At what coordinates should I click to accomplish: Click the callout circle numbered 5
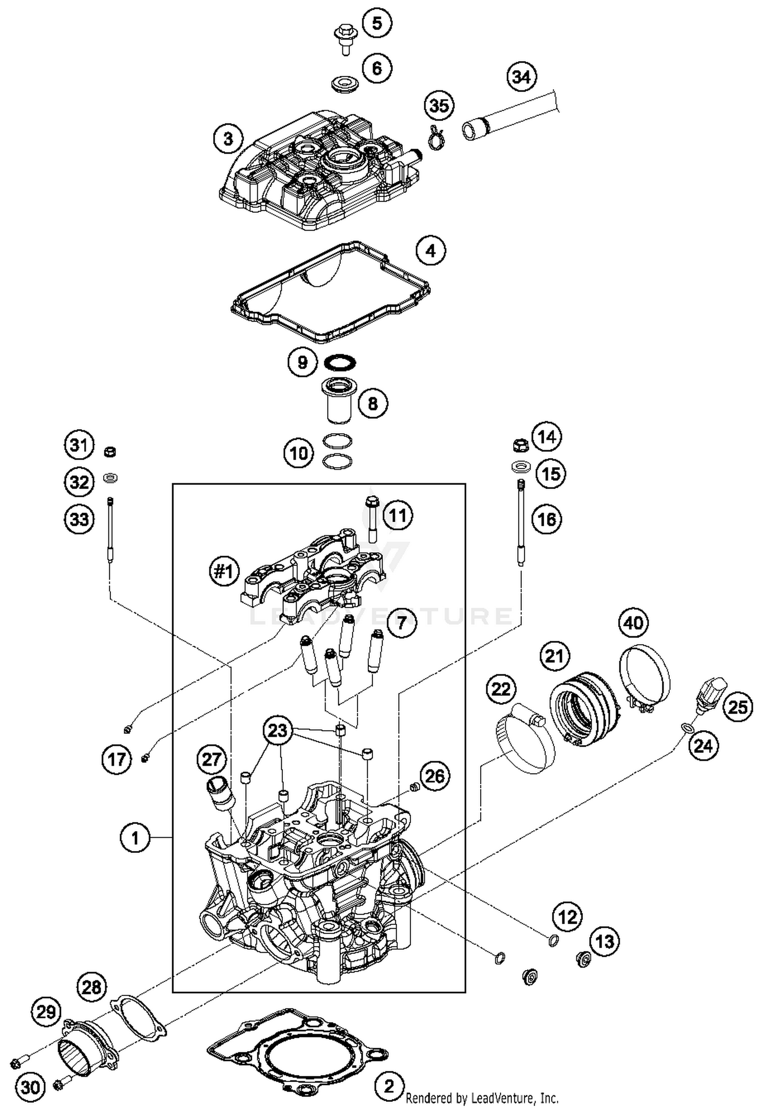(377, 23)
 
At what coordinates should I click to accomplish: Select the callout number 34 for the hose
(522, 77)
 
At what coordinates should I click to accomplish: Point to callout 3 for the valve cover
(228, 138)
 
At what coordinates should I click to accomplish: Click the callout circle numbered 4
(430, 251)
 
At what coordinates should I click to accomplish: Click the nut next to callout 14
(519, 445)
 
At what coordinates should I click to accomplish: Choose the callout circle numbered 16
(547, 520)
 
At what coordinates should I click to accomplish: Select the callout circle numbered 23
(278, 731)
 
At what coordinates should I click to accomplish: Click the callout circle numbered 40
(634, 622)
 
